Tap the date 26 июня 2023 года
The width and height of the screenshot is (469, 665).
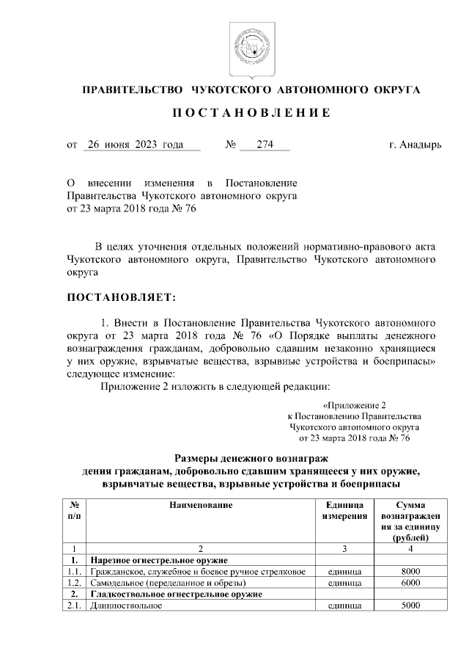point(134,145)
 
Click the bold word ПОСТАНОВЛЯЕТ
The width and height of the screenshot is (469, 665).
point(121,297)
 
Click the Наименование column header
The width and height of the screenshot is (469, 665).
point(201,506)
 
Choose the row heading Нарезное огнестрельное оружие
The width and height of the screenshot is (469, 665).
point(155,560)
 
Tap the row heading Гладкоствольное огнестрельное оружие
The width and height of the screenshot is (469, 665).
point(175,594)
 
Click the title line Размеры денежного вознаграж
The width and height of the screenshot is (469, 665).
point(242,457)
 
